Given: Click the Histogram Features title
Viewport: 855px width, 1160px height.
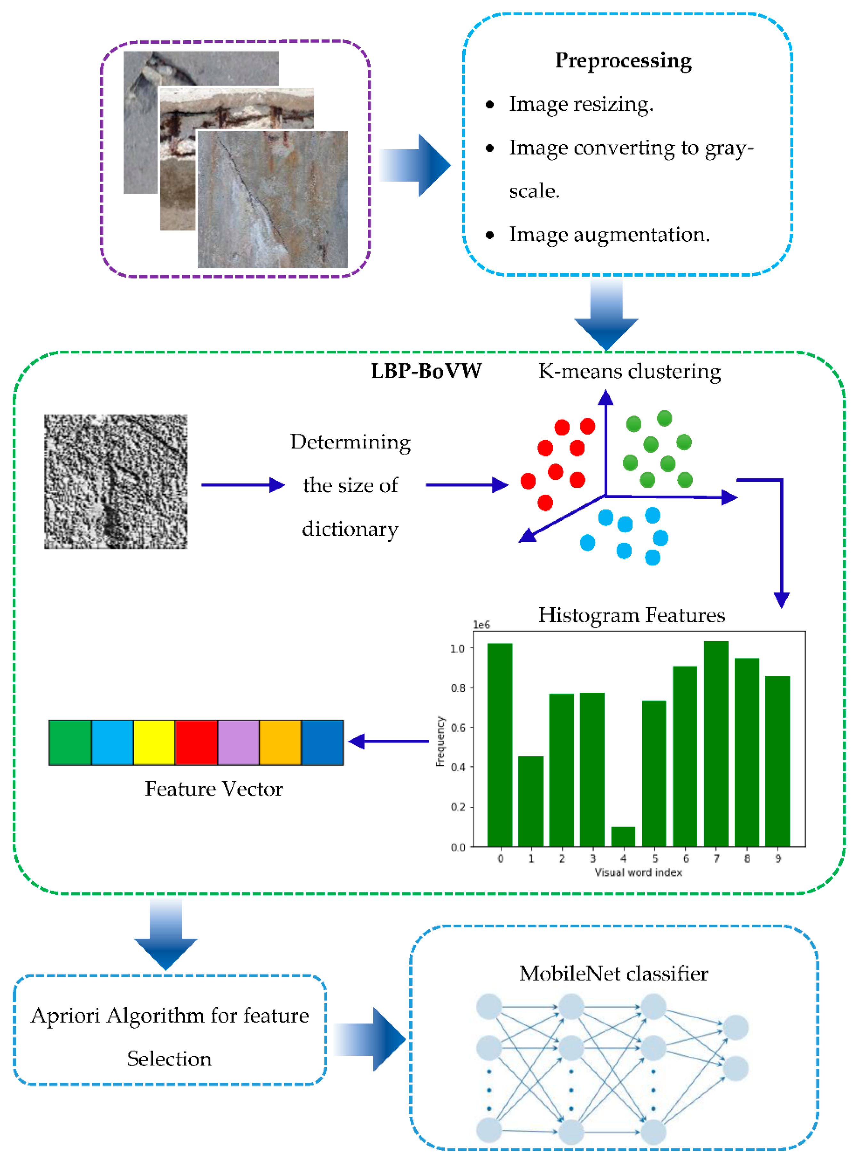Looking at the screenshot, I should point(632,615).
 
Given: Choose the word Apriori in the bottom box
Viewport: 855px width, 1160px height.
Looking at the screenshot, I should point(65,1016).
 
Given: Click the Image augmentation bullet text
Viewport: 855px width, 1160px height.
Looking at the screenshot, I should point(609,235).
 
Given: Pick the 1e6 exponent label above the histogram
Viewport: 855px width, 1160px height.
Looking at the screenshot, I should point(481,625).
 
